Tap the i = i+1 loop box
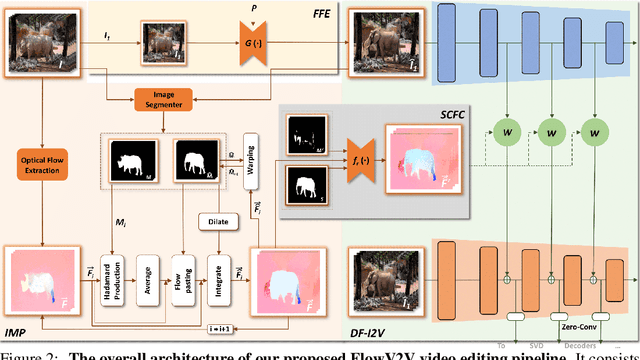coord(226,327)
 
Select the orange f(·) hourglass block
coord(356,164)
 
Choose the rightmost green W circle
coord(598,130)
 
